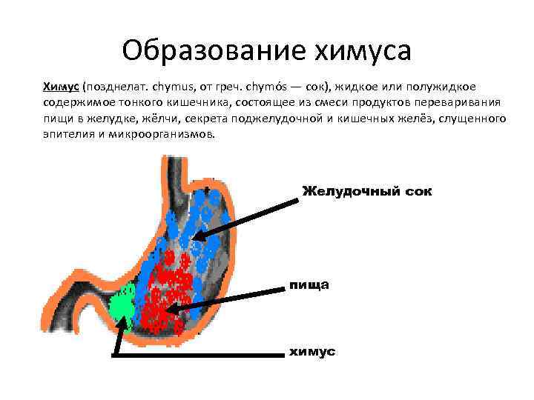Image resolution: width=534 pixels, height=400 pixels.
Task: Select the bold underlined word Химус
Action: coord(62,87)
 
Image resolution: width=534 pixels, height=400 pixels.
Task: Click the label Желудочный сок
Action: coord(366,192)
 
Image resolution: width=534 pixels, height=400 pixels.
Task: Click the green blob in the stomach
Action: coord(121,303)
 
